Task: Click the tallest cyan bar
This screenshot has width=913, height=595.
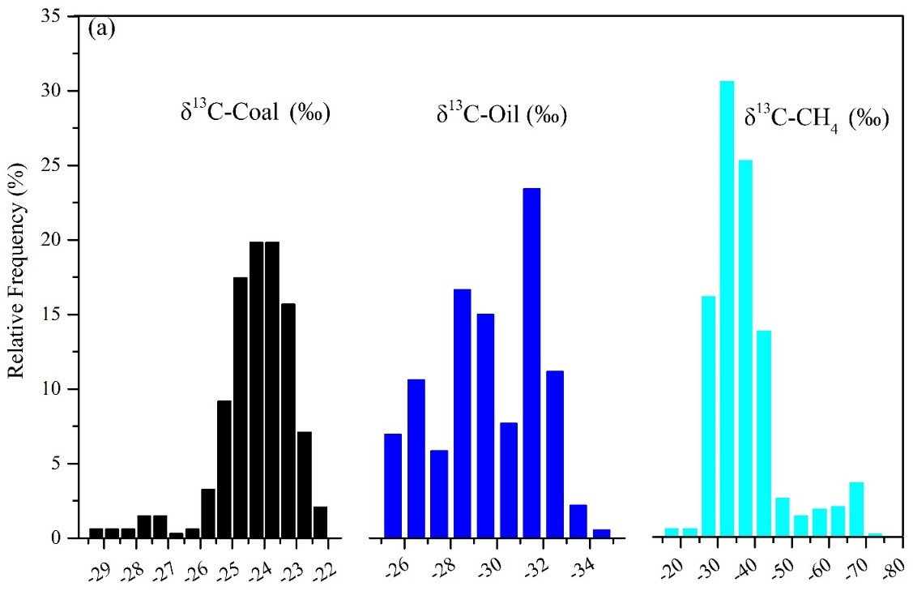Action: [x=727, y=308]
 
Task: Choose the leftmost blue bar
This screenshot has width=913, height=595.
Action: [x=393, y=485]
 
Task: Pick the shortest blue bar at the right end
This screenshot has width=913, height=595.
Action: [x=601, y=533]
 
